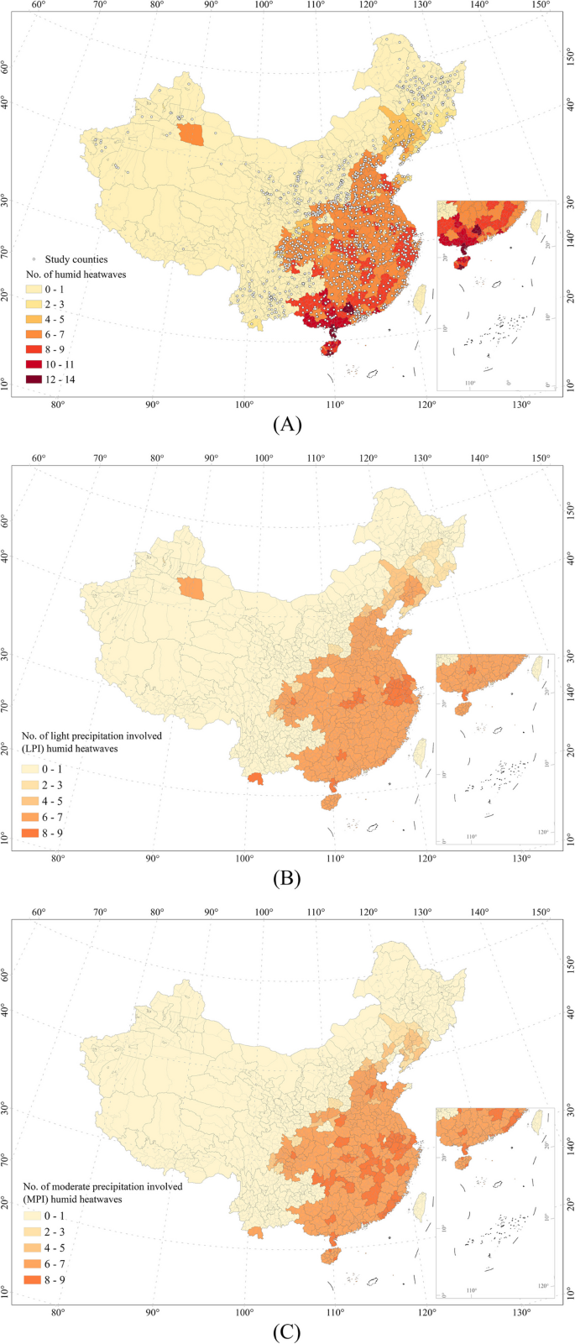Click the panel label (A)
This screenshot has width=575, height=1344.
tap(287, 425)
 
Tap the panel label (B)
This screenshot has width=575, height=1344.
tap(287, 878)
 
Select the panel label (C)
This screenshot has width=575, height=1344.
tap(287, 1331)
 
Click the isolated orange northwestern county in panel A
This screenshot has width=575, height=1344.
tap(191, 134)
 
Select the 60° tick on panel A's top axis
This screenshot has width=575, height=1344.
tap(38, 5)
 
